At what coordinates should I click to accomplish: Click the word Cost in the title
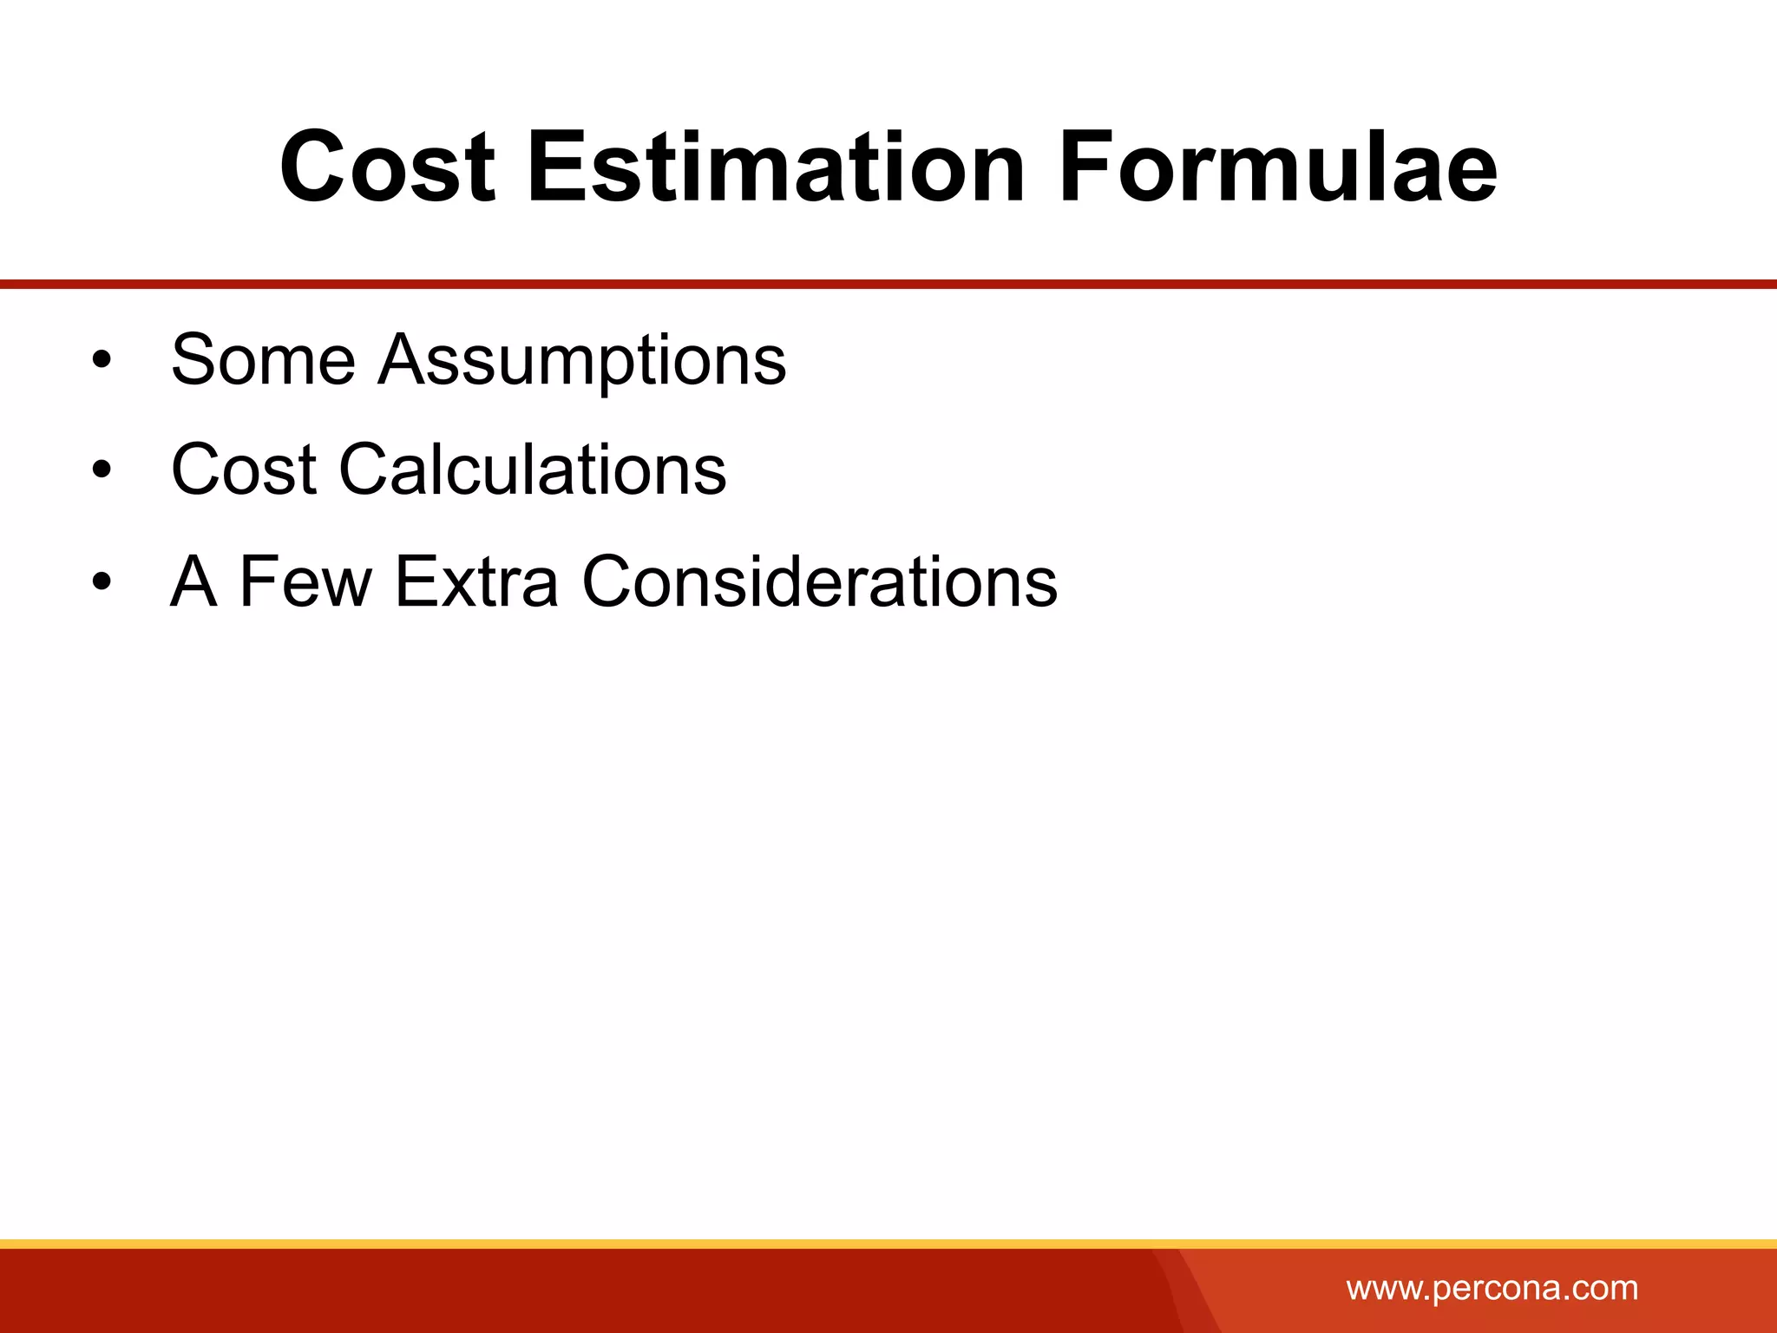(387, 167)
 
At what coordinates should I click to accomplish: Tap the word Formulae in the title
(1277, 167)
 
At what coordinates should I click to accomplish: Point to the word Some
(263, 359)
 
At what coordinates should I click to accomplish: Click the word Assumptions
(582, 361)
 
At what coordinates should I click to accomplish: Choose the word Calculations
(532, 470)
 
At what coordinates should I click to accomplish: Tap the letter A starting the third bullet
(193, 581)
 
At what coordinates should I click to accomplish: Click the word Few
(305, 581)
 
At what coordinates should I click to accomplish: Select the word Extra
(476, 581)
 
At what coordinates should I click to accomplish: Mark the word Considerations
(819, 581)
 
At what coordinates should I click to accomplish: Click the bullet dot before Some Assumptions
(102, 360)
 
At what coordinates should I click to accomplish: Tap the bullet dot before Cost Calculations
(102, 470)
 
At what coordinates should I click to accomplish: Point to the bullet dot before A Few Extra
(102, 581)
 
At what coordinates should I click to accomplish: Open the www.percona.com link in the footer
(1492, 1288)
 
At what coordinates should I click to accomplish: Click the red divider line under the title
(888, 284)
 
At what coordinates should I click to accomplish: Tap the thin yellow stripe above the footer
(888, 1244)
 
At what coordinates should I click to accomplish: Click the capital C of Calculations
(365, 470)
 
